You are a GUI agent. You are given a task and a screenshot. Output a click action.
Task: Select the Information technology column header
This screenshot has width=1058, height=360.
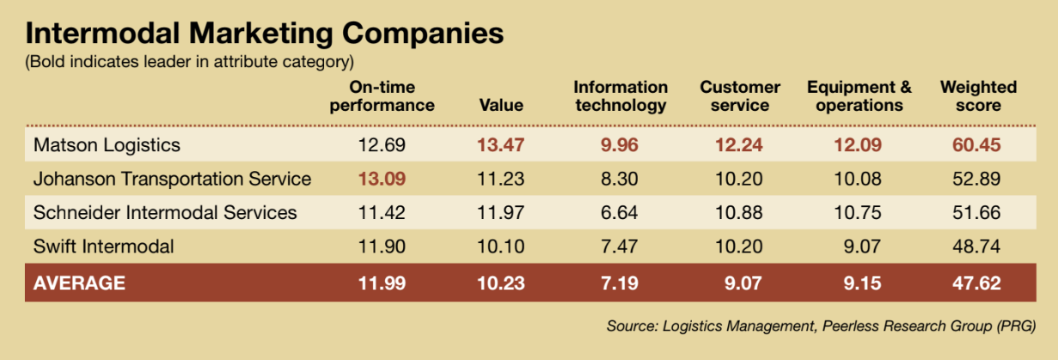coord(621,96)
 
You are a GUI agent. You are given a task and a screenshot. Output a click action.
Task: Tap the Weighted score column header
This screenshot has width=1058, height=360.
coord(978,96)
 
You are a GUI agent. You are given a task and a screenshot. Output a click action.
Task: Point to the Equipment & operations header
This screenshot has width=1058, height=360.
coord(859,96)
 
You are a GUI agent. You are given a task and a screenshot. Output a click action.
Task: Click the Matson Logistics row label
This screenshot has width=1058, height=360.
coord(107,145)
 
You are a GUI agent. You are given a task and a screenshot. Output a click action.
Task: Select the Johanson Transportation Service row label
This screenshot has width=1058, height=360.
coord(172,179)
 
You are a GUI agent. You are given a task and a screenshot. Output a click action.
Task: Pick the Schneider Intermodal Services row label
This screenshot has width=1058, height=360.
coord(165,212)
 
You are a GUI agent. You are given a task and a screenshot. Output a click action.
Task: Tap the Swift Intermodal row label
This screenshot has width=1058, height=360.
coord(103,247)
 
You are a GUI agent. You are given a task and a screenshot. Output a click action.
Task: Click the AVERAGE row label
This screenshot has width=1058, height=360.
coord(79,283)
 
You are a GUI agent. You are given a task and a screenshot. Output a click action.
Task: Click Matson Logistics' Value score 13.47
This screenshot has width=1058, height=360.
coord(500,145)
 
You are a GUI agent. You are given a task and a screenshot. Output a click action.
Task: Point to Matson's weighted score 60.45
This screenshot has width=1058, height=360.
coord(977,145)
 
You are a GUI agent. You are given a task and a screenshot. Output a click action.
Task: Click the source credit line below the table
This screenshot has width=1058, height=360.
coord(820,326)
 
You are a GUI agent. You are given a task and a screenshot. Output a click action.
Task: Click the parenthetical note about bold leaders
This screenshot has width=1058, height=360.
coord(189,62)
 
